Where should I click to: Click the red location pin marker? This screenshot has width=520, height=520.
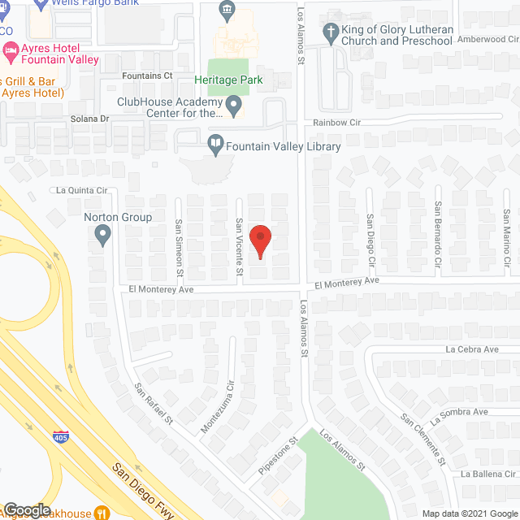tap(260, 242)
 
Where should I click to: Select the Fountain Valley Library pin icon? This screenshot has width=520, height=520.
tap(215, 146)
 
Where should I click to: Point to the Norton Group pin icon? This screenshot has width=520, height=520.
tap(102, 236)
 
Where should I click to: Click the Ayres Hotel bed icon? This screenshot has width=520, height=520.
tap(11, 51)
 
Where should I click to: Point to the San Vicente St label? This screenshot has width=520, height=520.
tap(240, 246)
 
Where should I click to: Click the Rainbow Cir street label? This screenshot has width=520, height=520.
tap(337, 122)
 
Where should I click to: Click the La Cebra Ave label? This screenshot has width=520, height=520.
tap(471, 349)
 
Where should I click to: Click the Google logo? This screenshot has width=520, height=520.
tap(26, 509)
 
